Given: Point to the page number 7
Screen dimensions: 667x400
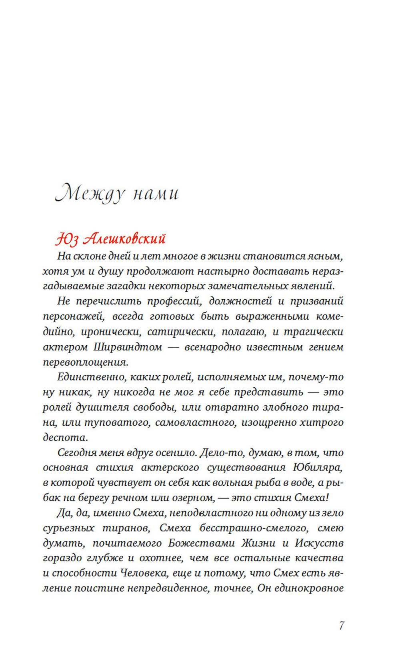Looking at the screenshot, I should click(x=341, y=625).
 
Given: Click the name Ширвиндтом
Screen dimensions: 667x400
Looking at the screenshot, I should click(x=128, y=347).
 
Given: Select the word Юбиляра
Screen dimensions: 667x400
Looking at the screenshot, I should click(x=318, y=467).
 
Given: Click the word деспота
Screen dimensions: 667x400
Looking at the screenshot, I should click(x=65, y=437).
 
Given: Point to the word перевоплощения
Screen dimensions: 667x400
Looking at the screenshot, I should click(x=86, y=362).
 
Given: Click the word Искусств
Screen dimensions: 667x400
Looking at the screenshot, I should click(x=319, y=543).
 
